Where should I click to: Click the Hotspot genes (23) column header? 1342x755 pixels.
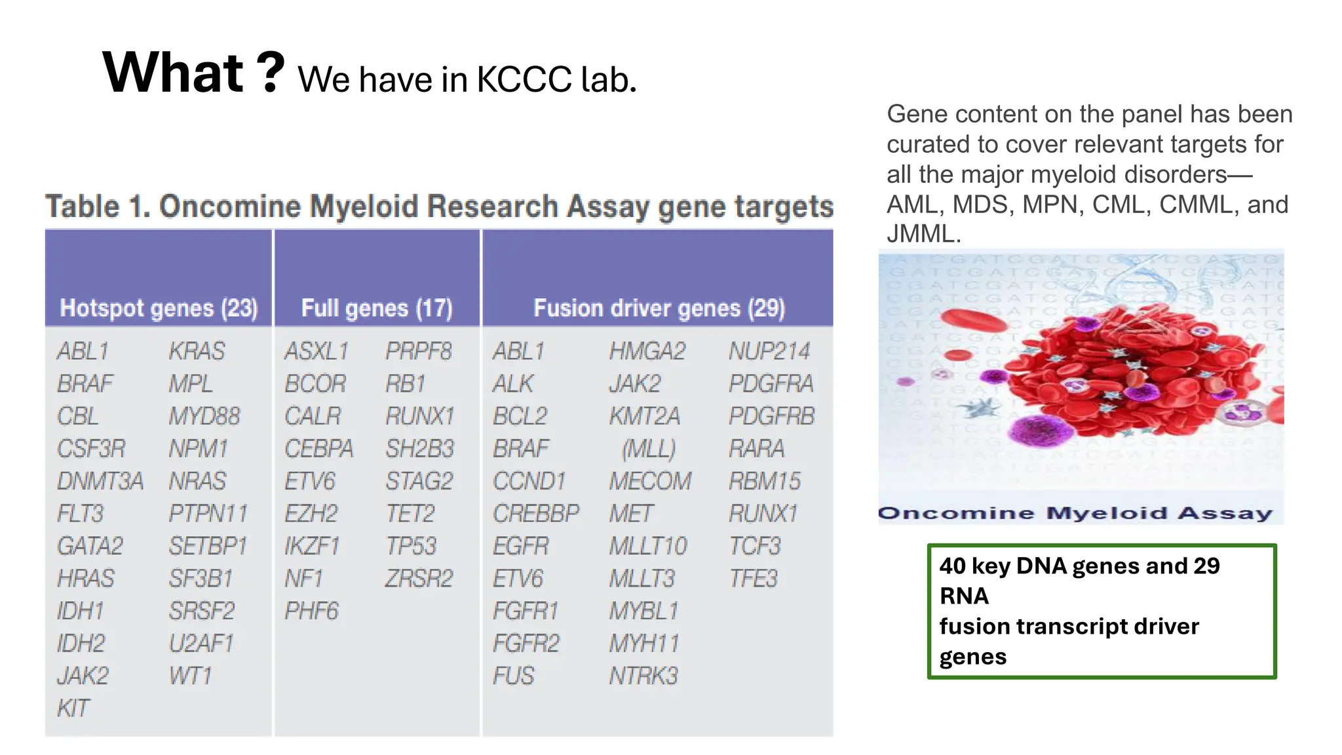[159, 308]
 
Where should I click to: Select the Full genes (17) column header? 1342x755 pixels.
[377, 308]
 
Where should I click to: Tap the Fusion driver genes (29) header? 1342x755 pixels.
[659, 308]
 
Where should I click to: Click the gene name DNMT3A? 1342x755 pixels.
[100, 481]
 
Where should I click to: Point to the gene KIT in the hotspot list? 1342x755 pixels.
[73, 708]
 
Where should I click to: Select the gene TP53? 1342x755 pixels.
[411, 546]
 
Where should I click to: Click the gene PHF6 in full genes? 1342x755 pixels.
[311, 611]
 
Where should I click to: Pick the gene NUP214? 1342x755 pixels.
[769, 351]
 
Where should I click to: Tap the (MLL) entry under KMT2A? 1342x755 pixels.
[649, 449]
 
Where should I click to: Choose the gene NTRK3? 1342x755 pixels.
[643, 676]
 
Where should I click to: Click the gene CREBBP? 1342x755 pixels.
[536, 513]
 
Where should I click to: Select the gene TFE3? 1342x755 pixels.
[753, 579]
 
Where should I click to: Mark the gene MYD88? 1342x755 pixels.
[204, 416]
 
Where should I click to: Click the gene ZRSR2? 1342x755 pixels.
[419, 579]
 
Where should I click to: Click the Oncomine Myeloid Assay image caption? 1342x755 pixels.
[1075, 513]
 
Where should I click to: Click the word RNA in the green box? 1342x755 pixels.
[963, 596]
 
